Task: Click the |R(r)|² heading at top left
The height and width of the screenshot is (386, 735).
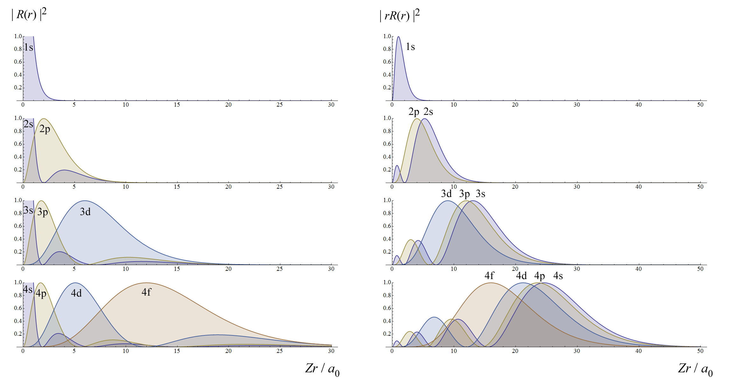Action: [x=29, y=14]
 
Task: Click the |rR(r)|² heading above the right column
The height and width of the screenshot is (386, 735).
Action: [x=400, y=15]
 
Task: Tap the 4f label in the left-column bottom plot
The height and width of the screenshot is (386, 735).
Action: [x=146, y=292]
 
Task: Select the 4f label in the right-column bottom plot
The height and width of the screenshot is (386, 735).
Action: [x=489, y=276]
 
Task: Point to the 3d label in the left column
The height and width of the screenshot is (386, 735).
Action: [x=85, y=212]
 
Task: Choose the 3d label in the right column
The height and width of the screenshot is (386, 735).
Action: [x=446, y=194]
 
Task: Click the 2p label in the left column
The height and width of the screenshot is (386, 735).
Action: [x=45, y=129]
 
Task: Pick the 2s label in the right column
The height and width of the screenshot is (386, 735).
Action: [x=428, y=112]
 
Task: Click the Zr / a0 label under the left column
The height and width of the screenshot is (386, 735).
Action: [x=322, y=369]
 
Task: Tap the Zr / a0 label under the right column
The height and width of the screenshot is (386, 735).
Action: [x=695, y=369]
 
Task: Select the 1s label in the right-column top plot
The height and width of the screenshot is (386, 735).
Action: [x=410, y=47]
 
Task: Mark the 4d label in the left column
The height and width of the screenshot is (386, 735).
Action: [x=76, y=293]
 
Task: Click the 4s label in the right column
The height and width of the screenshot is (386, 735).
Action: [x=558, y=276]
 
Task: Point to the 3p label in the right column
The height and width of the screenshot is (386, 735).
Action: [x=465, y=194]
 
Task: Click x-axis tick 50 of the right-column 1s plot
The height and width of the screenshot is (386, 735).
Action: [x=700, y=105]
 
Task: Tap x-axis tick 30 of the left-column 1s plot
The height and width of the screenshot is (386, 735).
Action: [x=331, y=105]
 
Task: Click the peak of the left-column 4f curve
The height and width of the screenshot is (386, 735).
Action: [x=146, y=283]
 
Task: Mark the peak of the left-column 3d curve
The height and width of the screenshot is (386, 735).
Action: [x=85, y=201]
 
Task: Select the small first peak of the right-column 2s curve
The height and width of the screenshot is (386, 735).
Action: [x=397, y=166]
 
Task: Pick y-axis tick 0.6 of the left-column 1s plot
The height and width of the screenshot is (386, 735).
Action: [x=18, y=62]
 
